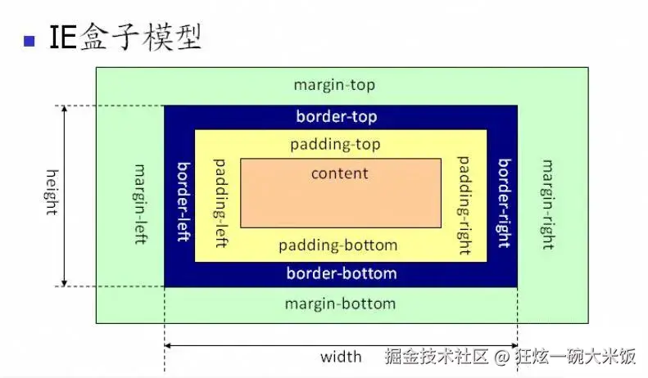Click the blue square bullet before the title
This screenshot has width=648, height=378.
[29, 40]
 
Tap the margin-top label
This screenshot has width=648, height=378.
[334, 85]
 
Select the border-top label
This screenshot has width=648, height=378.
[337, 117]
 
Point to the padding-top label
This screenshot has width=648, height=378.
[336, 145]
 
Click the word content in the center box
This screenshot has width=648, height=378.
[340, 173]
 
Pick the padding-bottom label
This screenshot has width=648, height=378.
[338, 245]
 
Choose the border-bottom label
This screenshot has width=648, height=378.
[342, 273]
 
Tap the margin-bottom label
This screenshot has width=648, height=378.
[340, 304]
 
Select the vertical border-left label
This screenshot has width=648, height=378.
[184, 200]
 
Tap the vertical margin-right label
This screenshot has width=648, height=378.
[546, 201]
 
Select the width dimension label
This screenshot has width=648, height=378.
[341, 357]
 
